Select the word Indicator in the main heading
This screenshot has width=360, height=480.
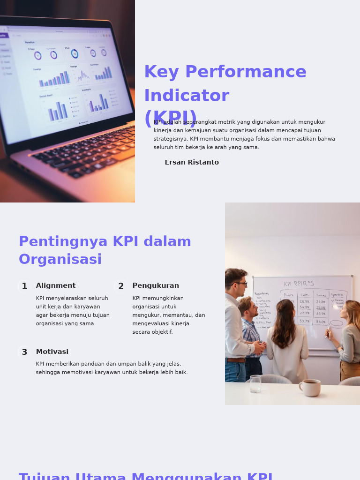pos(187,96)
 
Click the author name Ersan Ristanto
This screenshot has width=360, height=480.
pos(192,163)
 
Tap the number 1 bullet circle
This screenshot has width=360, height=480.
pos(24,286)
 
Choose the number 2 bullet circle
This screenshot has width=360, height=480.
pos(121,286)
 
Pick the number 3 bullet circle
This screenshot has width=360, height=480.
pos(24,352)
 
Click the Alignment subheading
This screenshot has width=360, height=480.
pos(56,286)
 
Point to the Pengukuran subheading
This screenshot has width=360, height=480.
pos(156,286)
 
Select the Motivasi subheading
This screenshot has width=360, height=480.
pos(52,352)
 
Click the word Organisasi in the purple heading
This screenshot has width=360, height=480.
pos(60,260)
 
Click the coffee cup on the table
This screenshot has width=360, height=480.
pos(310,388)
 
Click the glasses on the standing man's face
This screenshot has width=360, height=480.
pos(241,284)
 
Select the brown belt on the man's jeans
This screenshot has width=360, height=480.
pos(236,360)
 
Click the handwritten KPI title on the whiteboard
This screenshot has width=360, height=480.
pos(299,284)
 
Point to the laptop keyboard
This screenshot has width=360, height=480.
pos(89,150)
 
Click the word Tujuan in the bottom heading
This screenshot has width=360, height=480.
pos(44,476)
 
